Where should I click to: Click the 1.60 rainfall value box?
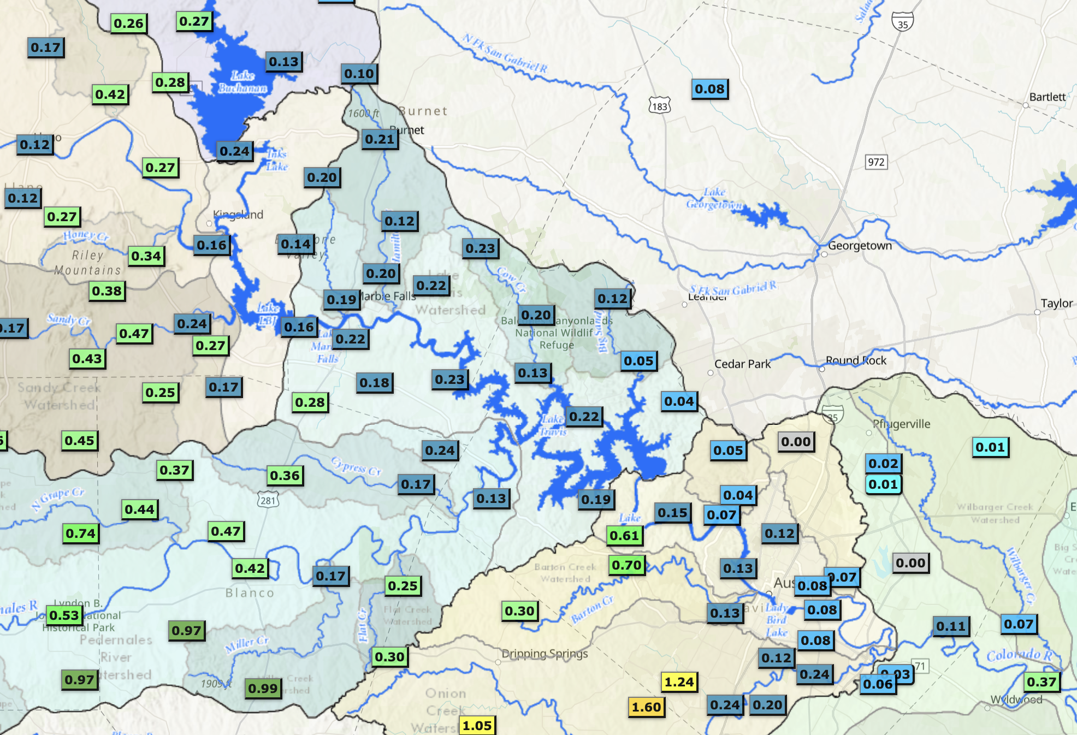(647, 707)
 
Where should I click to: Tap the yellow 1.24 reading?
(679, 682)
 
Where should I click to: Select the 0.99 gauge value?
(263, 689)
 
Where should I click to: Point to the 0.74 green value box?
(80, 534)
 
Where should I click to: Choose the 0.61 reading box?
(624, 536)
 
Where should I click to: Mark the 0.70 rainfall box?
(626, 565)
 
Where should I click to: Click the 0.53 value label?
(64, 615)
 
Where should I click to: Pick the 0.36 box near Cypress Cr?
(285, 476)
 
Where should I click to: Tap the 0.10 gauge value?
(359, 74)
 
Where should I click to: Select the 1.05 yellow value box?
(477, 726)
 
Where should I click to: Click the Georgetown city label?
(860, 246)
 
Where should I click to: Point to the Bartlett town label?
(1047, 97)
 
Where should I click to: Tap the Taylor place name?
(1056, 304)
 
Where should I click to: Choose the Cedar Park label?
(742, 364)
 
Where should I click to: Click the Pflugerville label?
(901, 424)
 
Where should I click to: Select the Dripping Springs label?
(545, 654)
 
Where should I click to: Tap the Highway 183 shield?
(659, 106)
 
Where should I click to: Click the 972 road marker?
(876, 162)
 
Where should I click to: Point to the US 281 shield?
(268, 500)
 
